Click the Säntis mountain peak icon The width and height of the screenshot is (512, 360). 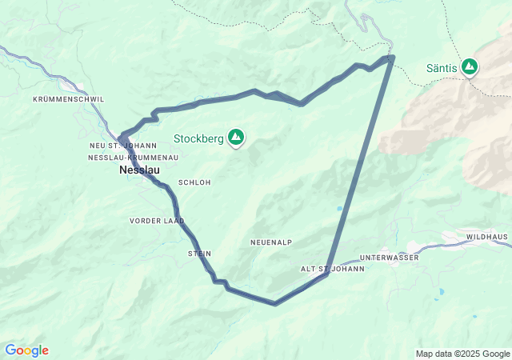coord(469,66)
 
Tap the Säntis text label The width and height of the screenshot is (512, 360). coord(442,68)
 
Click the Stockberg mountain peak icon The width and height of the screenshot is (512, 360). coord(236,138)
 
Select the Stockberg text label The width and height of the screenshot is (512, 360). coord(198,138)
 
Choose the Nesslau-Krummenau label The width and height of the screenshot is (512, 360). coord(133,158)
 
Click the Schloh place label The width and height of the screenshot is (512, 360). coord(194,182)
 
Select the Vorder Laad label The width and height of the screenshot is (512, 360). coord(157,221)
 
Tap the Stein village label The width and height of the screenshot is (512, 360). coord(199,254)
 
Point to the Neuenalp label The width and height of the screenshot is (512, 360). coord(271,242)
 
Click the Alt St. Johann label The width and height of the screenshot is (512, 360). coord(332,269)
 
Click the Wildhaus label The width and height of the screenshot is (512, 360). coord(488,238)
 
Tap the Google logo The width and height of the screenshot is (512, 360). coord(26,350)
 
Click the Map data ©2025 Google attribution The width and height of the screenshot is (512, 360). coord(462,354)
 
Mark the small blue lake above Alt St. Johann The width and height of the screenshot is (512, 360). coord(339,209)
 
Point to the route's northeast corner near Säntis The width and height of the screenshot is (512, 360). coord(391,58)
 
